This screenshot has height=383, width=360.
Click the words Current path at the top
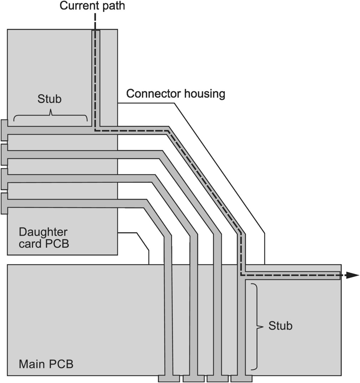point(92,6)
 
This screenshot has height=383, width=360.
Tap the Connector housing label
point(176,94)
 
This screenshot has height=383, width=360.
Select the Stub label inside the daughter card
point(49,99)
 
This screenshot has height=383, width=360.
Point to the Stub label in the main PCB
point(280,325)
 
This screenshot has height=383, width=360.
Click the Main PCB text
point(46,364)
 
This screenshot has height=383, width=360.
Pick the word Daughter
point(43,232)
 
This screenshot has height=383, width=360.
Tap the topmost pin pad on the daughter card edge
point(4,130)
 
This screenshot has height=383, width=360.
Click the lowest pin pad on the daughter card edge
point(4,203)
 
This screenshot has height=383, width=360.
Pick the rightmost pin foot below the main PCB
point(241,378)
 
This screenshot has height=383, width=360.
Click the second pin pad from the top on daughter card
point(4,154)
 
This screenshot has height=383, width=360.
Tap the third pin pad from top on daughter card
point(4,179)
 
